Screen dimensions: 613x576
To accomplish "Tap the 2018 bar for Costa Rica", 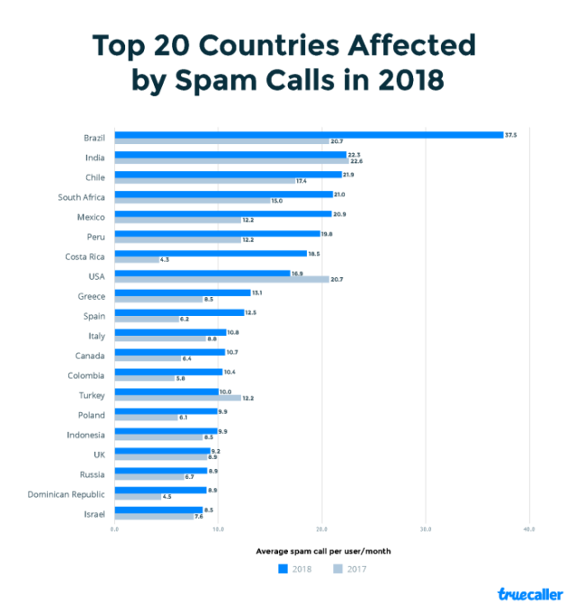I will [199, 253].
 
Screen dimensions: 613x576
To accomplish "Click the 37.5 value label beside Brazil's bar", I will [511, 135].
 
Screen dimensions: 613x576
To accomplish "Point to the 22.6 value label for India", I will [354, 161].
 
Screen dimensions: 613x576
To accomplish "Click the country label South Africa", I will [81, 197].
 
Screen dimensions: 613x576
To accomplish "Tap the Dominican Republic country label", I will [67, 494].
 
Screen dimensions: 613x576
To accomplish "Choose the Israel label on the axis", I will [94, 514].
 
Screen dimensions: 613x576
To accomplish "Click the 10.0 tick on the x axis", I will [218, 528].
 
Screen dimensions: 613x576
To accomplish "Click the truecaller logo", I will [530, 594].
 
